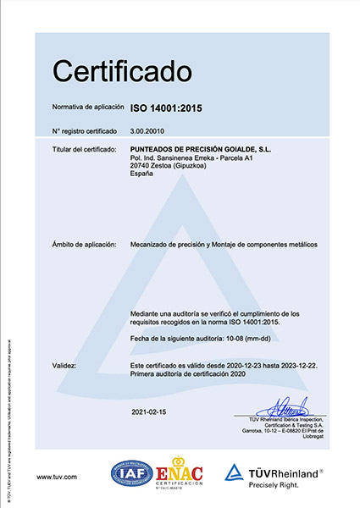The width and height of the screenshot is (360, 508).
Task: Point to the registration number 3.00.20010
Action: coord(149,130)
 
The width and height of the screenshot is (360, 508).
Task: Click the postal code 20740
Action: coord(140,166)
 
